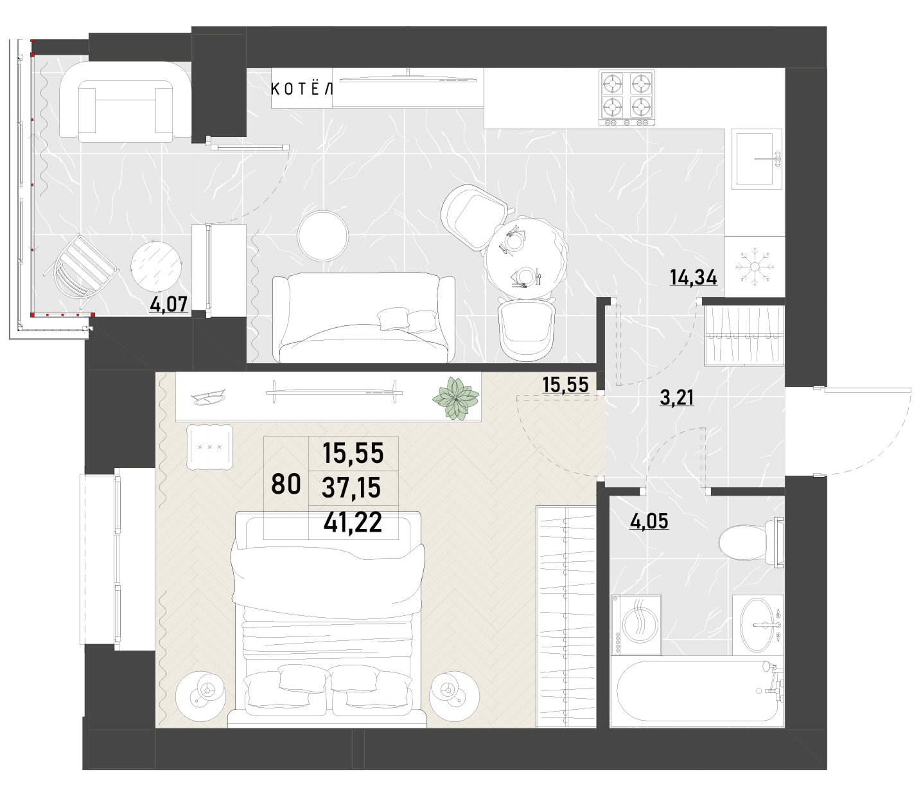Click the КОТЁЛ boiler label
301,89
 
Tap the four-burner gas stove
626,97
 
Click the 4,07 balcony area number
169,304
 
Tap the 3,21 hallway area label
676,398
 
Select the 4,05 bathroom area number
649,521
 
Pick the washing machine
636,625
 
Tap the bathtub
697,691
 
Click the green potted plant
455,398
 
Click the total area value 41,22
353,523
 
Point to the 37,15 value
351,488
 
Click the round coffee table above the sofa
323,236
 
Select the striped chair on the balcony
81,265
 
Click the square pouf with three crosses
209,447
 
